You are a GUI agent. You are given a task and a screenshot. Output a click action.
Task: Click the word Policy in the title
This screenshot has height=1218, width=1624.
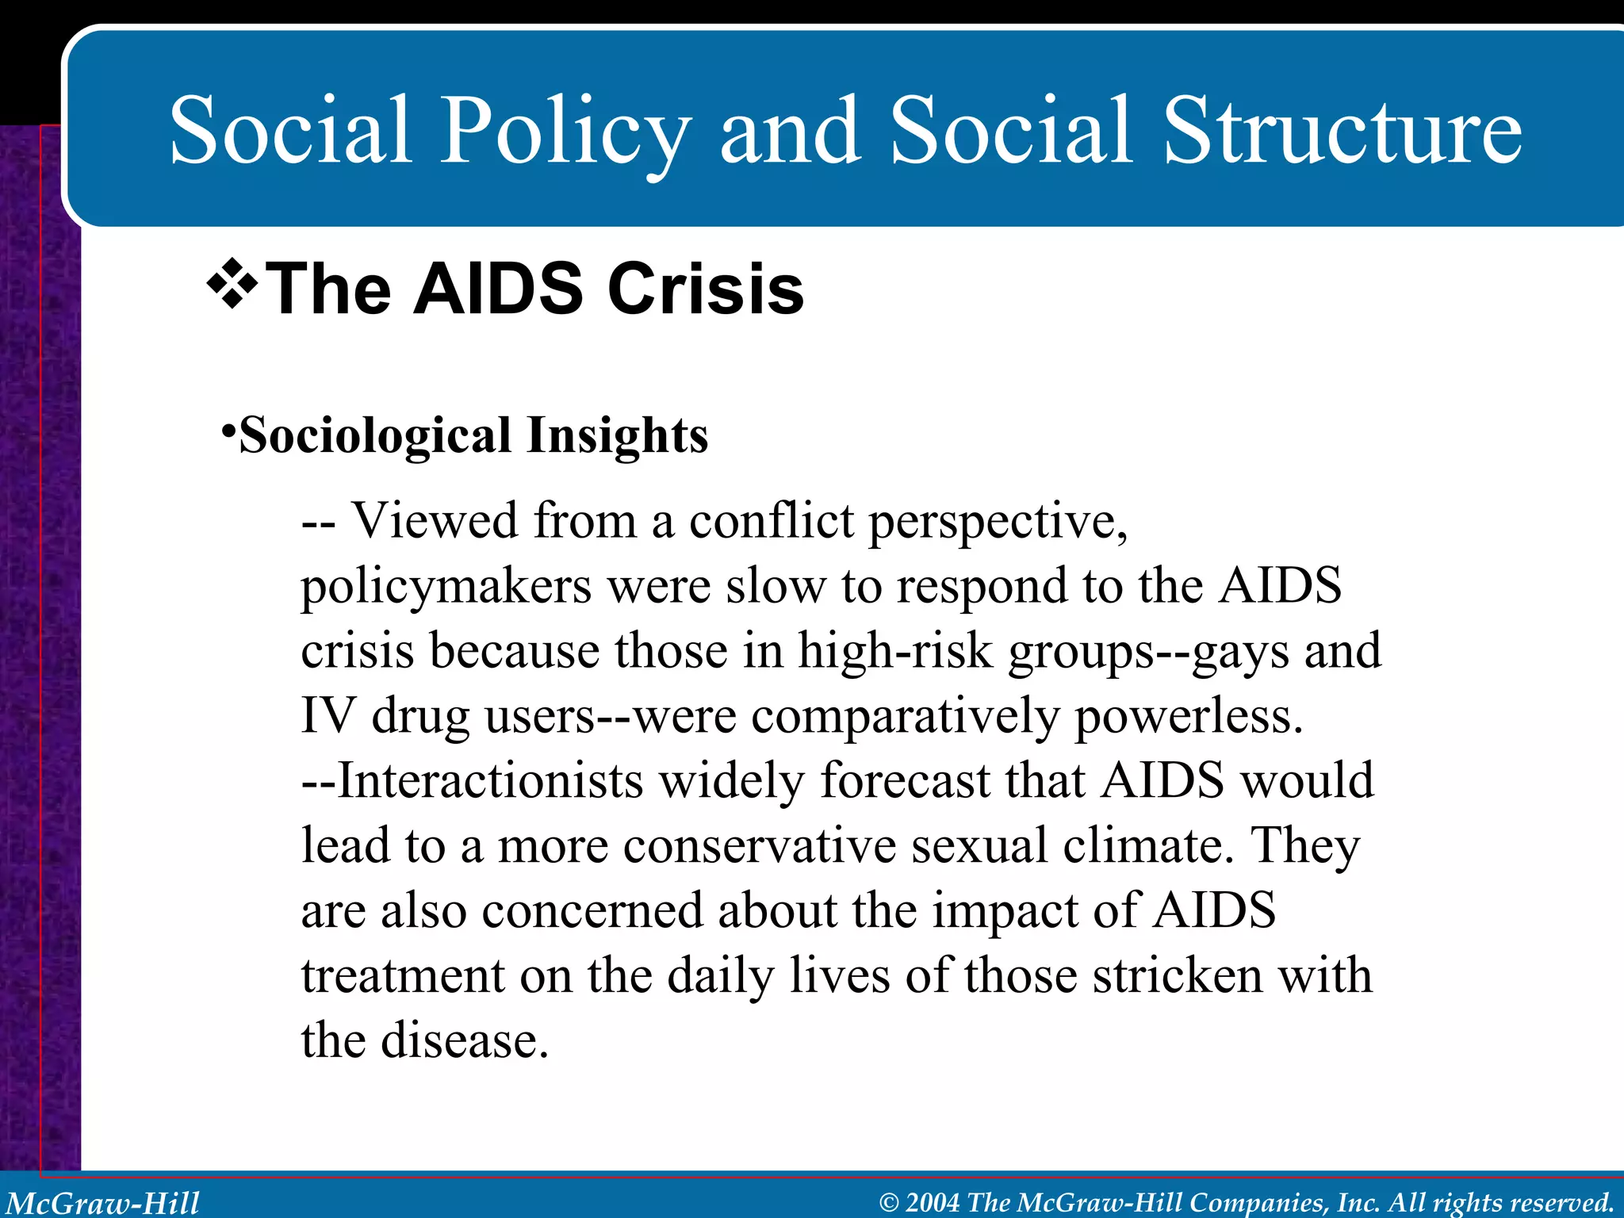coord(565,131)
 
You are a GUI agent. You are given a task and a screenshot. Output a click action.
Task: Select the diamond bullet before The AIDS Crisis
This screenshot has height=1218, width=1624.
coord(232,284)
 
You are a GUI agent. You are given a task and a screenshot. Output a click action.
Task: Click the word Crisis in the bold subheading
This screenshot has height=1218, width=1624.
coord(705,289)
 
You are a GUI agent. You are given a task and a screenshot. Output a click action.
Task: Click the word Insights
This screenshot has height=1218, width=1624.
coord(617,436)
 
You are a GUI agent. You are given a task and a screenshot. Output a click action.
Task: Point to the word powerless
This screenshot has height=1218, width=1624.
coord(1187,717)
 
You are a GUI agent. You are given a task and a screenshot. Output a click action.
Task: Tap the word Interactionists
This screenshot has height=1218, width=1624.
coord(490,780)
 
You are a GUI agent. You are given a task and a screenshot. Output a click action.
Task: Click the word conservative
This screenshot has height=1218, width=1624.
coord(759,845)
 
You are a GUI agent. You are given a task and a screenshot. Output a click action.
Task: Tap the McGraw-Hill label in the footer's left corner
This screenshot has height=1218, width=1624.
coord(103,1202)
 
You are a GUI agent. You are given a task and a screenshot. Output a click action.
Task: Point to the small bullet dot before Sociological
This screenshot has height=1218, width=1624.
coord(228,431)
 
